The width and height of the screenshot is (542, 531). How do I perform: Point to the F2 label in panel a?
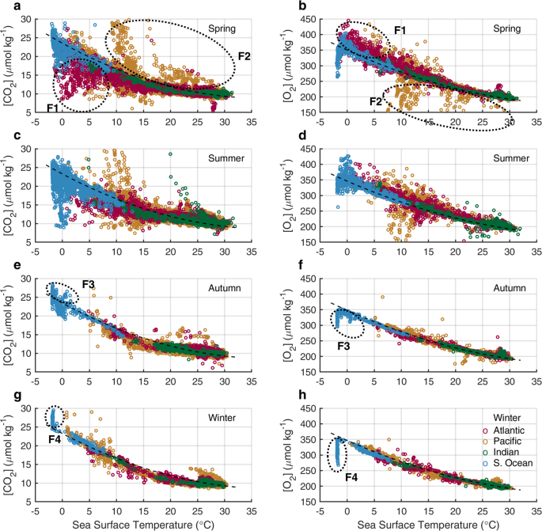244,56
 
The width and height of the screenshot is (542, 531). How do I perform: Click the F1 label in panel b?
400,30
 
